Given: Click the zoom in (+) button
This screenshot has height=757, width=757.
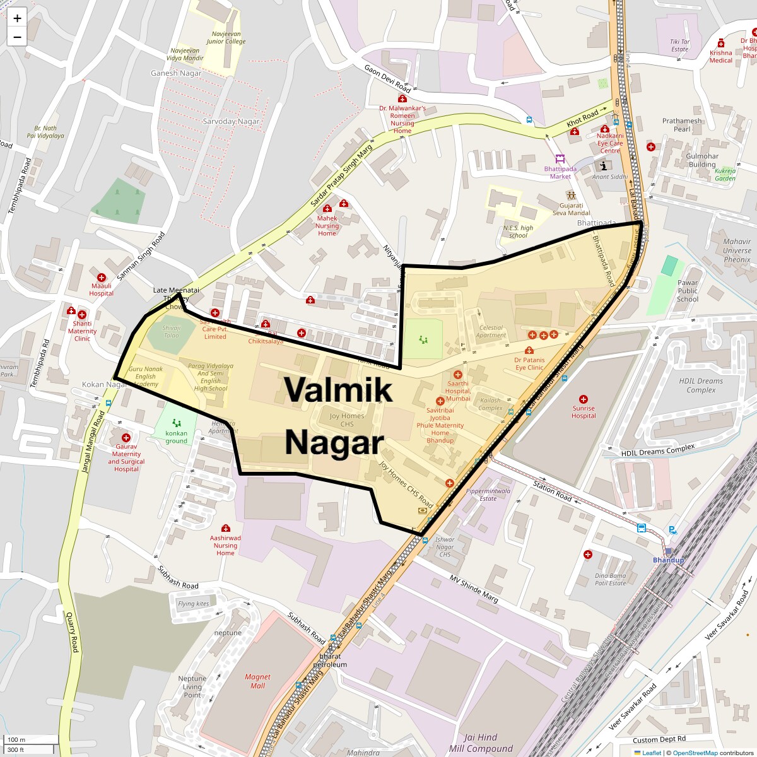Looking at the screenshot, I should [x=17, y=18].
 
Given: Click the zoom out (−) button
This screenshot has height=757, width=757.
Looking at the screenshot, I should [x=17, y=37].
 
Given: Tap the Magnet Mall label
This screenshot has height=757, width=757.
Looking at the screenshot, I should [x=257, y=681].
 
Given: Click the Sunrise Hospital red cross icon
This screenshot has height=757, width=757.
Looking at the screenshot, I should [x=584, y=399].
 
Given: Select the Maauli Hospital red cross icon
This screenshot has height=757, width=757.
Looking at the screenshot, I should [x=101, y=278].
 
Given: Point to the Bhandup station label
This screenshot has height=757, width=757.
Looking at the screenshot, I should [x=668, y=560].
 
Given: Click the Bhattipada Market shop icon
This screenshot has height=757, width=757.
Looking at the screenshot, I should [x=560, y=158].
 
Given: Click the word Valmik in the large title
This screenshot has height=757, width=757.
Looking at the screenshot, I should [x=338, y=389].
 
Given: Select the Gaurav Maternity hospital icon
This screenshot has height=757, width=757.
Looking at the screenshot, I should [x=126, y=437].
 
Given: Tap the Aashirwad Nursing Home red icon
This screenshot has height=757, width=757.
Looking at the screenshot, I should [x=225, y=528].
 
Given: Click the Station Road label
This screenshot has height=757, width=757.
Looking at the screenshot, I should [x=552, y=490].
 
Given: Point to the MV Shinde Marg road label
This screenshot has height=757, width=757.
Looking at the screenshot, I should [x=474, y=588].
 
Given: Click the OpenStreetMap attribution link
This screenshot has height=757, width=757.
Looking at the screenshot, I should [x=695, y=753].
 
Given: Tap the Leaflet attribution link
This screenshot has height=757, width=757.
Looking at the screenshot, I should [x=651, y=753].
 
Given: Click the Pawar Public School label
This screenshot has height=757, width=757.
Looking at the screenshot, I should [x=688, y=291].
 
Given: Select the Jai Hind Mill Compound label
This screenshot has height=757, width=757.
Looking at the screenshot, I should [x=481, y=742].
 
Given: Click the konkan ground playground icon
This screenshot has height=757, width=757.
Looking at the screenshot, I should [x=177, y=423].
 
